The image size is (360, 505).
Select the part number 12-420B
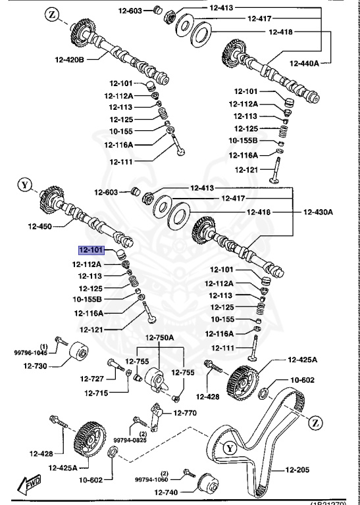click(70, 59)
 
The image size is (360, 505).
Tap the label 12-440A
click(303, 63)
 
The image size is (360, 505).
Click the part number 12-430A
click(318, 212)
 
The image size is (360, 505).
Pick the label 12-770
click(185, 413)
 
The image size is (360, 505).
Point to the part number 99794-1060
click(153, 479)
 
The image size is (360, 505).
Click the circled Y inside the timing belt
click(229, 448)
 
